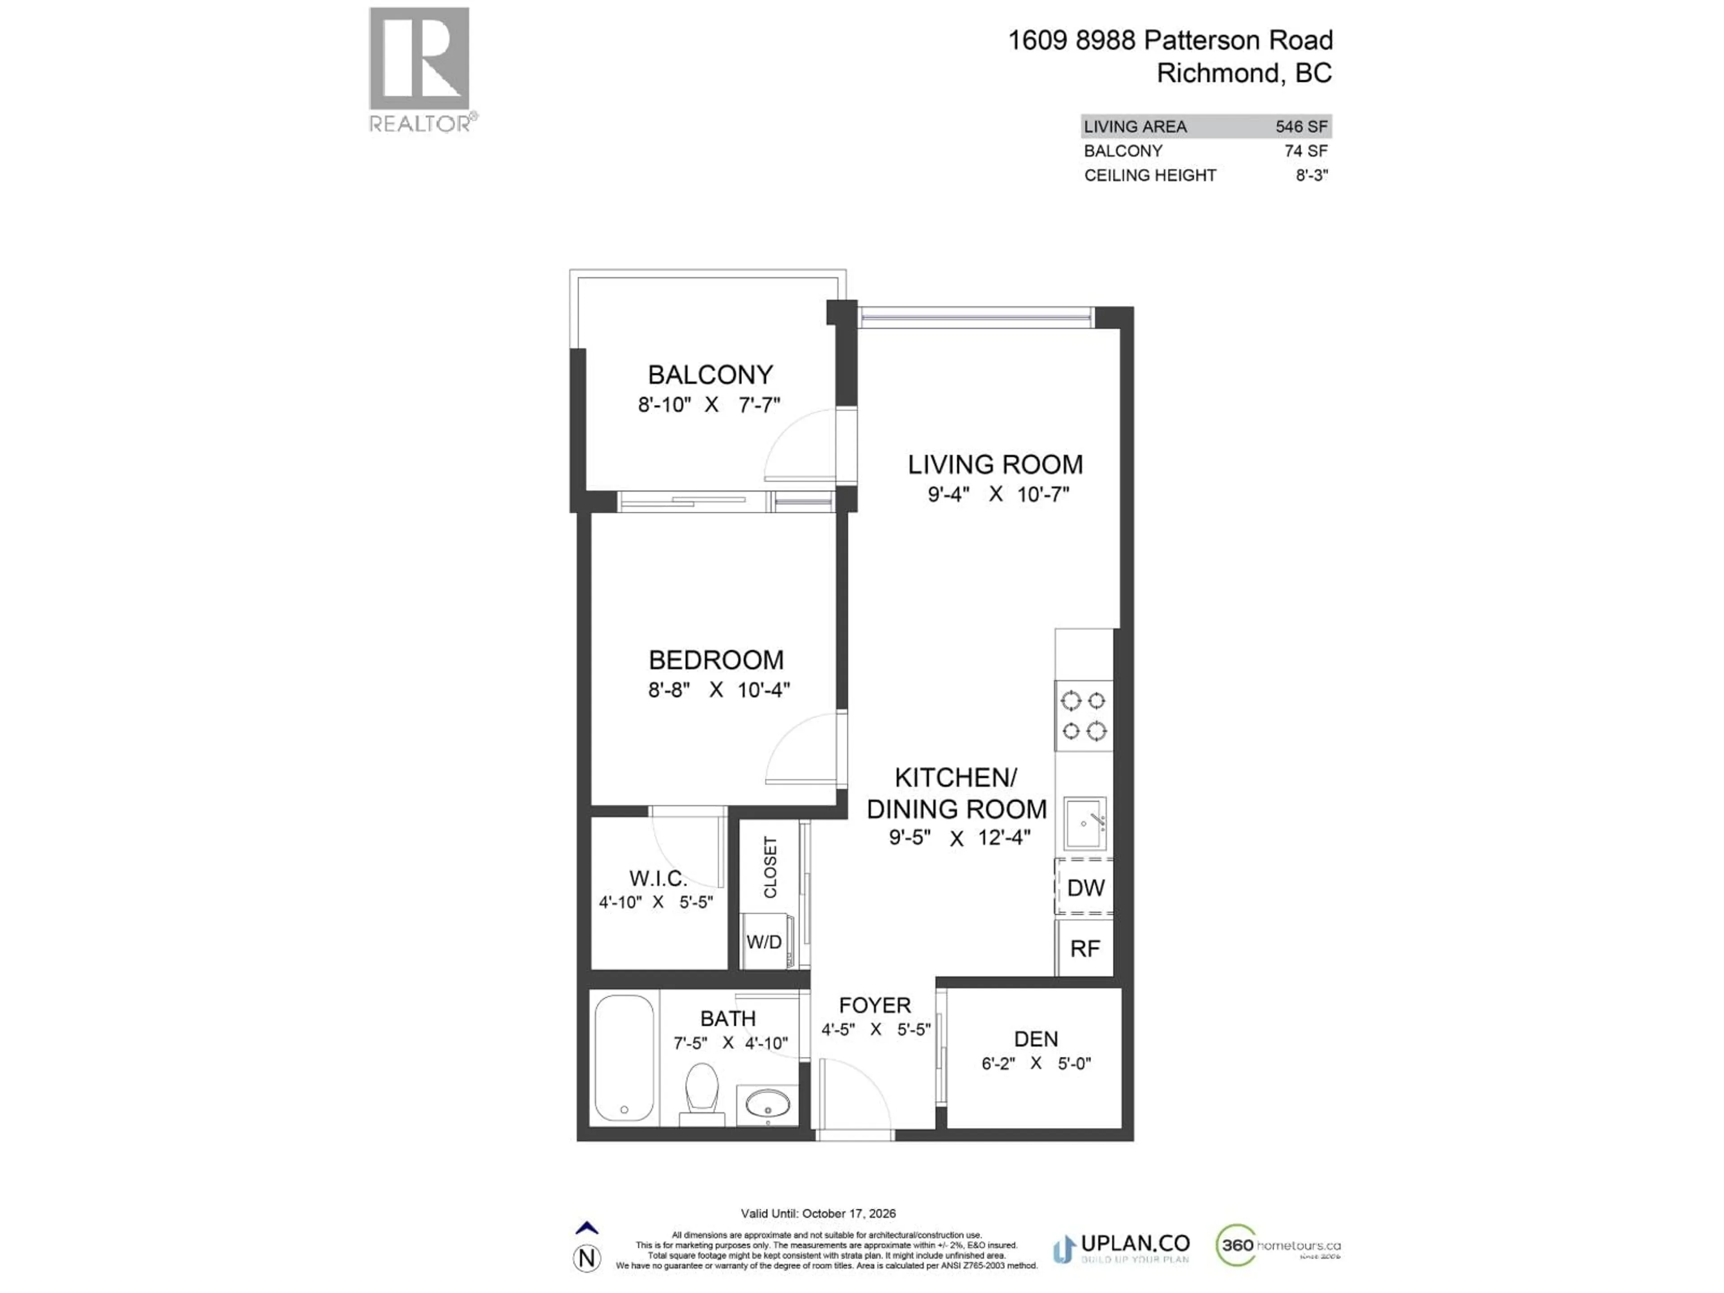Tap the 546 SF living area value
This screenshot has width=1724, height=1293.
tap(1301, 126)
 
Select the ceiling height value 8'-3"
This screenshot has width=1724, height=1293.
tap(1312, 176)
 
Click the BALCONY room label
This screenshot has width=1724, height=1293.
tap(710, 375)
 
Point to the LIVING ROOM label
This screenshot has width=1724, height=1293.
tap(995, 465)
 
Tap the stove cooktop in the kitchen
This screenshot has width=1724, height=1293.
tap(1083, 716)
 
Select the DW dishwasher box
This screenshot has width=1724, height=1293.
tap(1085, 888)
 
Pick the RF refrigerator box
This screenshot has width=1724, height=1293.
tap(1085, 949)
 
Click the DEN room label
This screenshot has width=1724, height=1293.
tap(1036, 1039)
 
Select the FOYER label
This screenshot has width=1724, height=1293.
tap(875, 1005)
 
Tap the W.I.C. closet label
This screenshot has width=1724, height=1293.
tap(658, 878)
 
